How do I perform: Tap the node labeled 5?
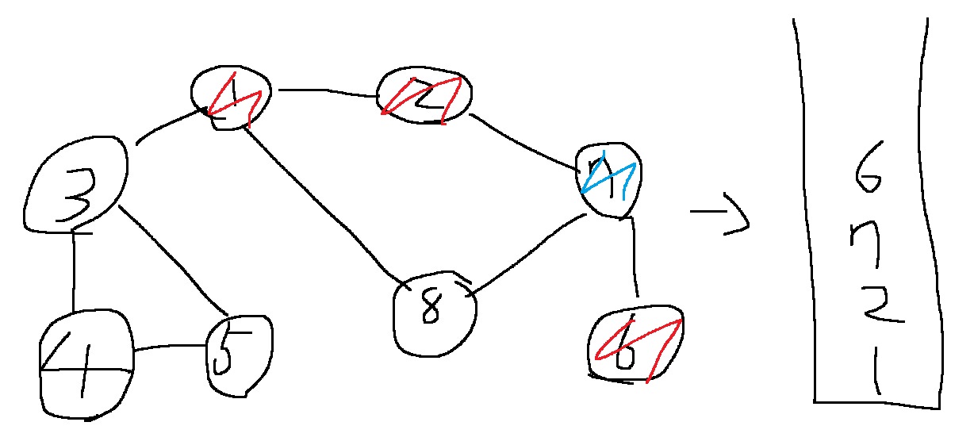[x=237, y=355]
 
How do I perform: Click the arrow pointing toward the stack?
[x=720, y=220]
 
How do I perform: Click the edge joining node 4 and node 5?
[x=168, y=347]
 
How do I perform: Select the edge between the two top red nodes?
[x=325, y=91]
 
